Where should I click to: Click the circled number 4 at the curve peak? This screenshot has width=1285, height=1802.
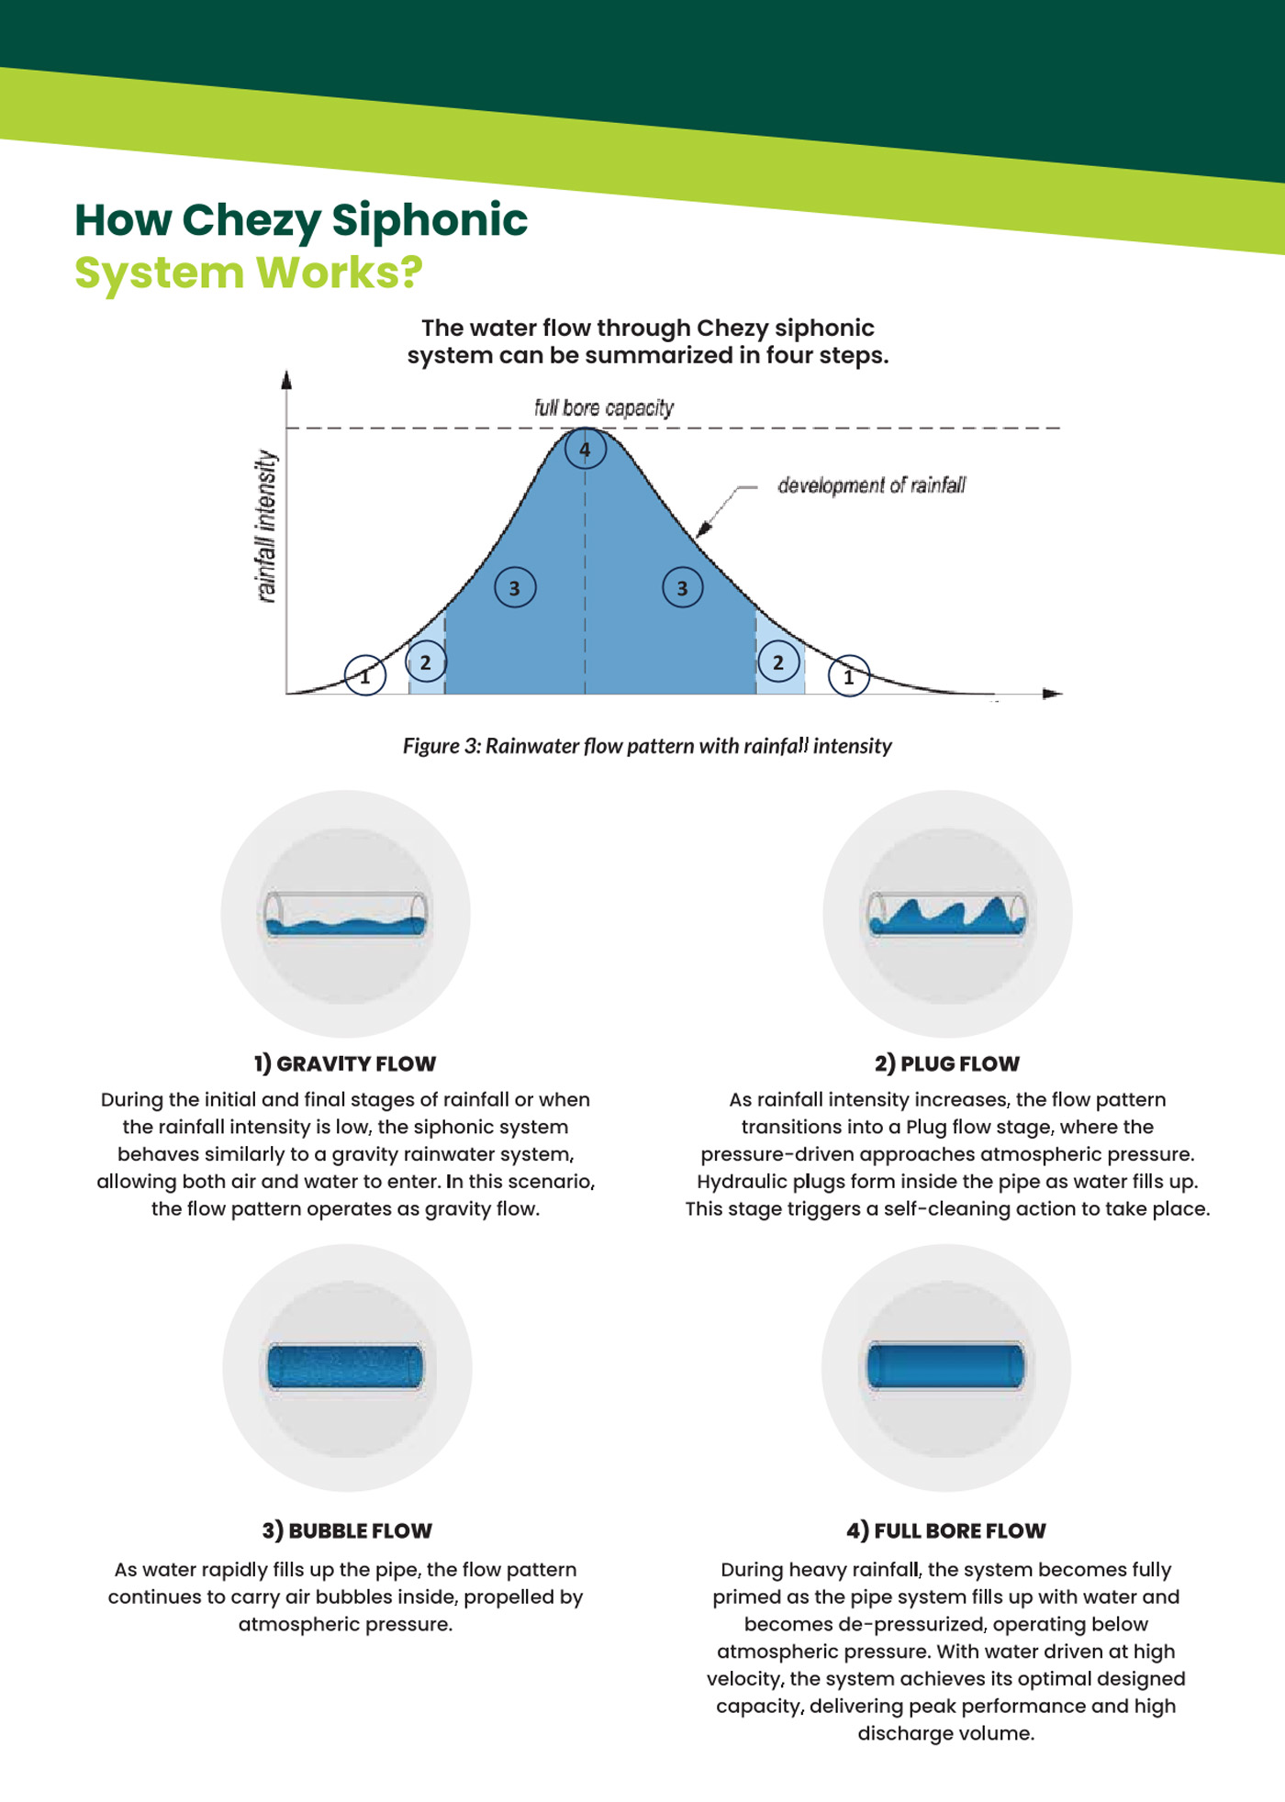585,450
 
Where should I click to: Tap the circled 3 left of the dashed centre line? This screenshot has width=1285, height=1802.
515,588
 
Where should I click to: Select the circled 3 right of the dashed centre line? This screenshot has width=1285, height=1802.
682,588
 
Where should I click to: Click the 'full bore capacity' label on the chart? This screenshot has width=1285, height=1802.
604,407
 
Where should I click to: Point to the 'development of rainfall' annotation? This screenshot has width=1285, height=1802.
871,484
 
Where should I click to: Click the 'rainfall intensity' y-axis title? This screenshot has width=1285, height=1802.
266,526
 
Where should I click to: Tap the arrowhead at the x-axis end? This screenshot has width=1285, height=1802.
1053,694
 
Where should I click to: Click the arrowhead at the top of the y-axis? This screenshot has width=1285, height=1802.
286,379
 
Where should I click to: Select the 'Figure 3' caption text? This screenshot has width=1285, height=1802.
647,746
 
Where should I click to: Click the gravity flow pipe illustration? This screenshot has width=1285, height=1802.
346,914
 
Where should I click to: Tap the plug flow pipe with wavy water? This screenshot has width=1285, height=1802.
947,914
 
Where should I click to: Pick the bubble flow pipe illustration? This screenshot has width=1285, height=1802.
346,1367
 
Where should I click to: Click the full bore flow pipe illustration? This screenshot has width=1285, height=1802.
946,1365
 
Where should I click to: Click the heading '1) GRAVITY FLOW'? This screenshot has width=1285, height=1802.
345,1063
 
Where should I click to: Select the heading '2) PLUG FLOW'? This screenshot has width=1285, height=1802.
947,1063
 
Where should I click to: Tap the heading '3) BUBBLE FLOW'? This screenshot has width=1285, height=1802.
347,1530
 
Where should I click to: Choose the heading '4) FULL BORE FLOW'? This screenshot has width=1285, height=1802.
946,1530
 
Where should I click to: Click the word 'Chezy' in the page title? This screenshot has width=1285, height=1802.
251,221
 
